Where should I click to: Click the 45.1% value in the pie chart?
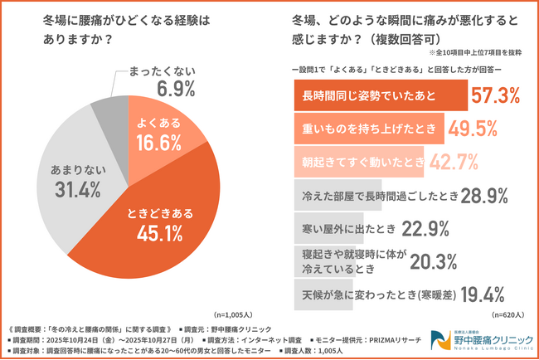point(160,234)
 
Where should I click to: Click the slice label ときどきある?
point(160,213)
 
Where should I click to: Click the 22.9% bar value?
point(427,227)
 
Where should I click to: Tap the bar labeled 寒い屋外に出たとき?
point(343,227)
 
